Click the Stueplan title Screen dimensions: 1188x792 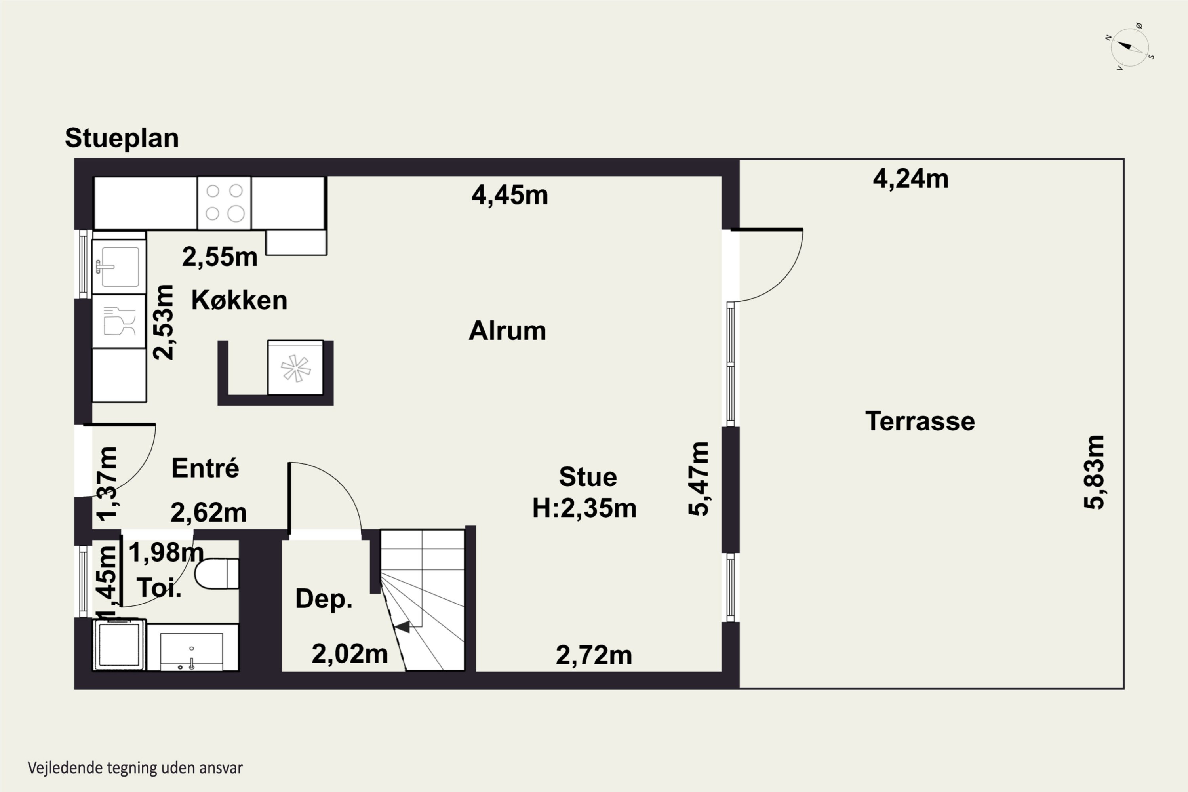[122, 138]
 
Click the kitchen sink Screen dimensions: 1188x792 [119, 266]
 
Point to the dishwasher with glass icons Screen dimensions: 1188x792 [119, 321]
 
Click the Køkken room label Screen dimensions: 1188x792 [239, 301]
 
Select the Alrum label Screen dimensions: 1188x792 [507, 331]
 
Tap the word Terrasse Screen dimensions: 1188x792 [920, 421]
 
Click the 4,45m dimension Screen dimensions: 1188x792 [510, 195]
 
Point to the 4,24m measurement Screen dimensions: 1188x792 [911, 179]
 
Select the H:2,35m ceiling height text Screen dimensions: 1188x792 [584, 508]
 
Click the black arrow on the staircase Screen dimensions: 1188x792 [403, 627]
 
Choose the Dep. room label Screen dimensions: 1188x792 [324, 599]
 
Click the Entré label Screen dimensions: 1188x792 [205, 468]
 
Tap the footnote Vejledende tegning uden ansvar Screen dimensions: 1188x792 [135, 768]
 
